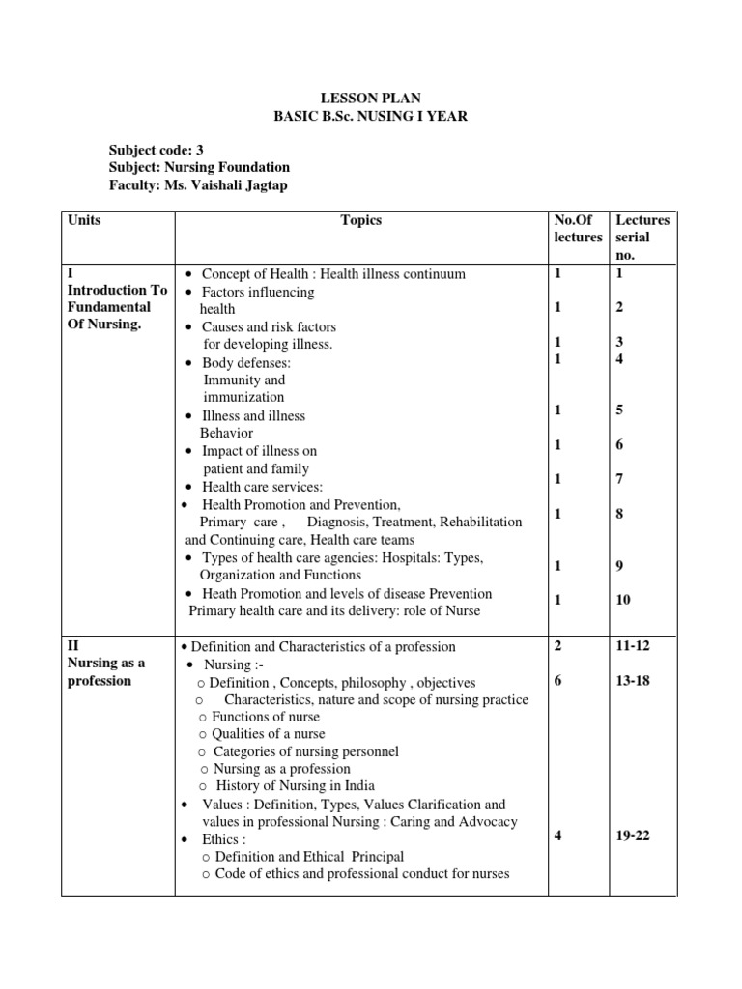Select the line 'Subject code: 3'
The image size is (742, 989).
coord(157,150)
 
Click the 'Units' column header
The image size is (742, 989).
coord(84,220)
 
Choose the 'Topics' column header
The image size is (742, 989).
coord(361,220)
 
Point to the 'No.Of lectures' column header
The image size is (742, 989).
coord(578,229)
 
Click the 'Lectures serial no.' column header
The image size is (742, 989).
coord(642,238)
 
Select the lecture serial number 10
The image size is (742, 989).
coord(623,600)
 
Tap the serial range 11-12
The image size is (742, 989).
coord(633,645)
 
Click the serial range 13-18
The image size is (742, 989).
coord(633,681)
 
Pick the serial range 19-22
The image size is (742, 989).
coord(633,836)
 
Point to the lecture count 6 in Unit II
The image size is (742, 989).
coord(558,681)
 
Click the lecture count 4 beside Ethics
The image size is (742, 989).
coord(558,836)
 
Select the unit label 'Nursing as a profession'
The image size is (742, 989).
coord(106,671)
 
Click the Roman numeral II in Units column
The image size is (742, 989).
coord(73,645)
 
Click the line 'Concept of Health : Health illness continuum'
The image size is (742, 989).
coord(333,274)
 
